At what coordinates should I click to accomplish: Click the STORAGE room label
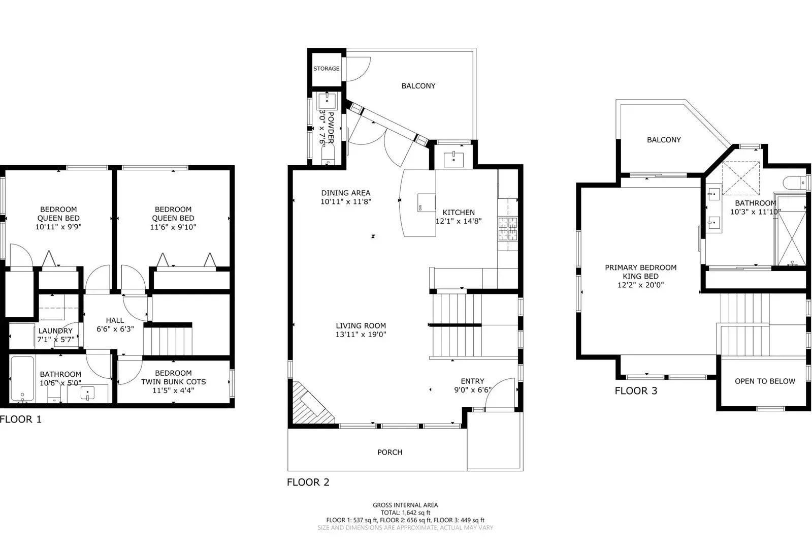[x=326, y=69]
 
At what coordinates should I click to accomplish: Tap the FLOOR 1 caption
[x=21, y=419]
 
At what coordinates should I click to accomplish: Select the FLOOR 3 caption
[x=636, y=391]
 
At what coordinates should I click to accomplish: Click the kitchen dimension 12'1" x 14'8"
[x=459, y=221]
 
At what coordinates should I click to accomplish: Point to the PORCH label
[x=389, y=452]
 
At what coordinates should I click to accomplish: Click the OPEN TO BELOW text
[x=765, y=381]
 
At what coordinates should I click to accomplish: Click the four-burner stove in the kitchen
[x=507, y=228]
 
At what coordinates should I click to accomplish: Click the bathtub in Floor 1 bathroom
[x=22, y=378]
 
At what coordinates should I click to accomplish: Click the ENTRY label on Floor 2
[x=472, y=381]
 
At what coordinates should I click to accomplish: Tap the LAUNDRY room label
[x=55, y=331]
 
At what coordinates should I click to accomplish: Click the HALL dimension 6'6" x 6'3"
[x=115, y=329]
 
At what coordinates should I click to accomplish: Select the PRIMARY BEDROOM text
[x=640, y=267]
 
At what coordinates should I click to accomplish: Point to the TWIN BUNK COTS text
[x=173, y=382]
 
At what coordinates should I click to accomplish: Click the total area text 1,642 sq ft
[x=405, y=513]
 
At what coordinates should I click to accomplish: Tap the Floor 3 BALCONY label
[x=664, y=140]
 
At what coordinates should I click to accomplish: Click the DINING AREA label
[x=345, y=193]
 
